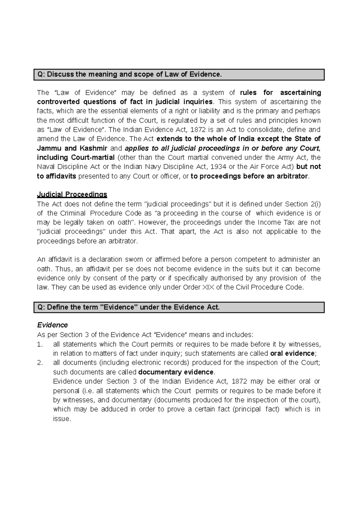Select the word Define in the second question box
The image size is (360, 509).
tap(57, 307)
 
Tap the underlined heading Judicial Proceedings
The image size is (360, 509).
tap(72, 195)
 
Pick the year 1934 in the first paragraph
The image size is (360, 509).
tap(219, 167)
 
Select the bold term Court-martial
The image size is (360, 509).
tap(93, 158)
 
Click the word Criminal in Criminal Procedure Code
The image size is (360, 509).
tap(73, 213)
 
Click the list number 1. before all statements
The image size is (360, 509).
tap(40, 344)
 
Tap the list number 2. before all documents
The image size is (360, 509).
tap(40, 363)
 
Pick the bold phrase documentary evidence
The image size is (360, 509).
tap(176, 372)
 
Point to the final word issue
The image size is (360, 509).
tap(61, 419)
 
